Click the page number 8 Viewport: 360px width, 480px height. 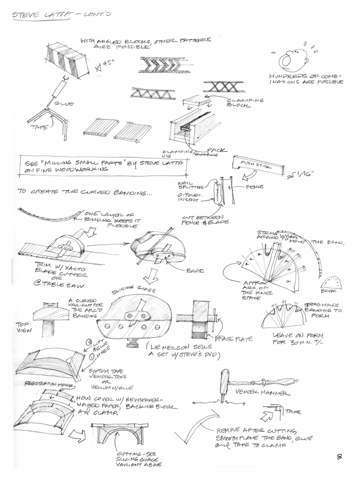(340, 455)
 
